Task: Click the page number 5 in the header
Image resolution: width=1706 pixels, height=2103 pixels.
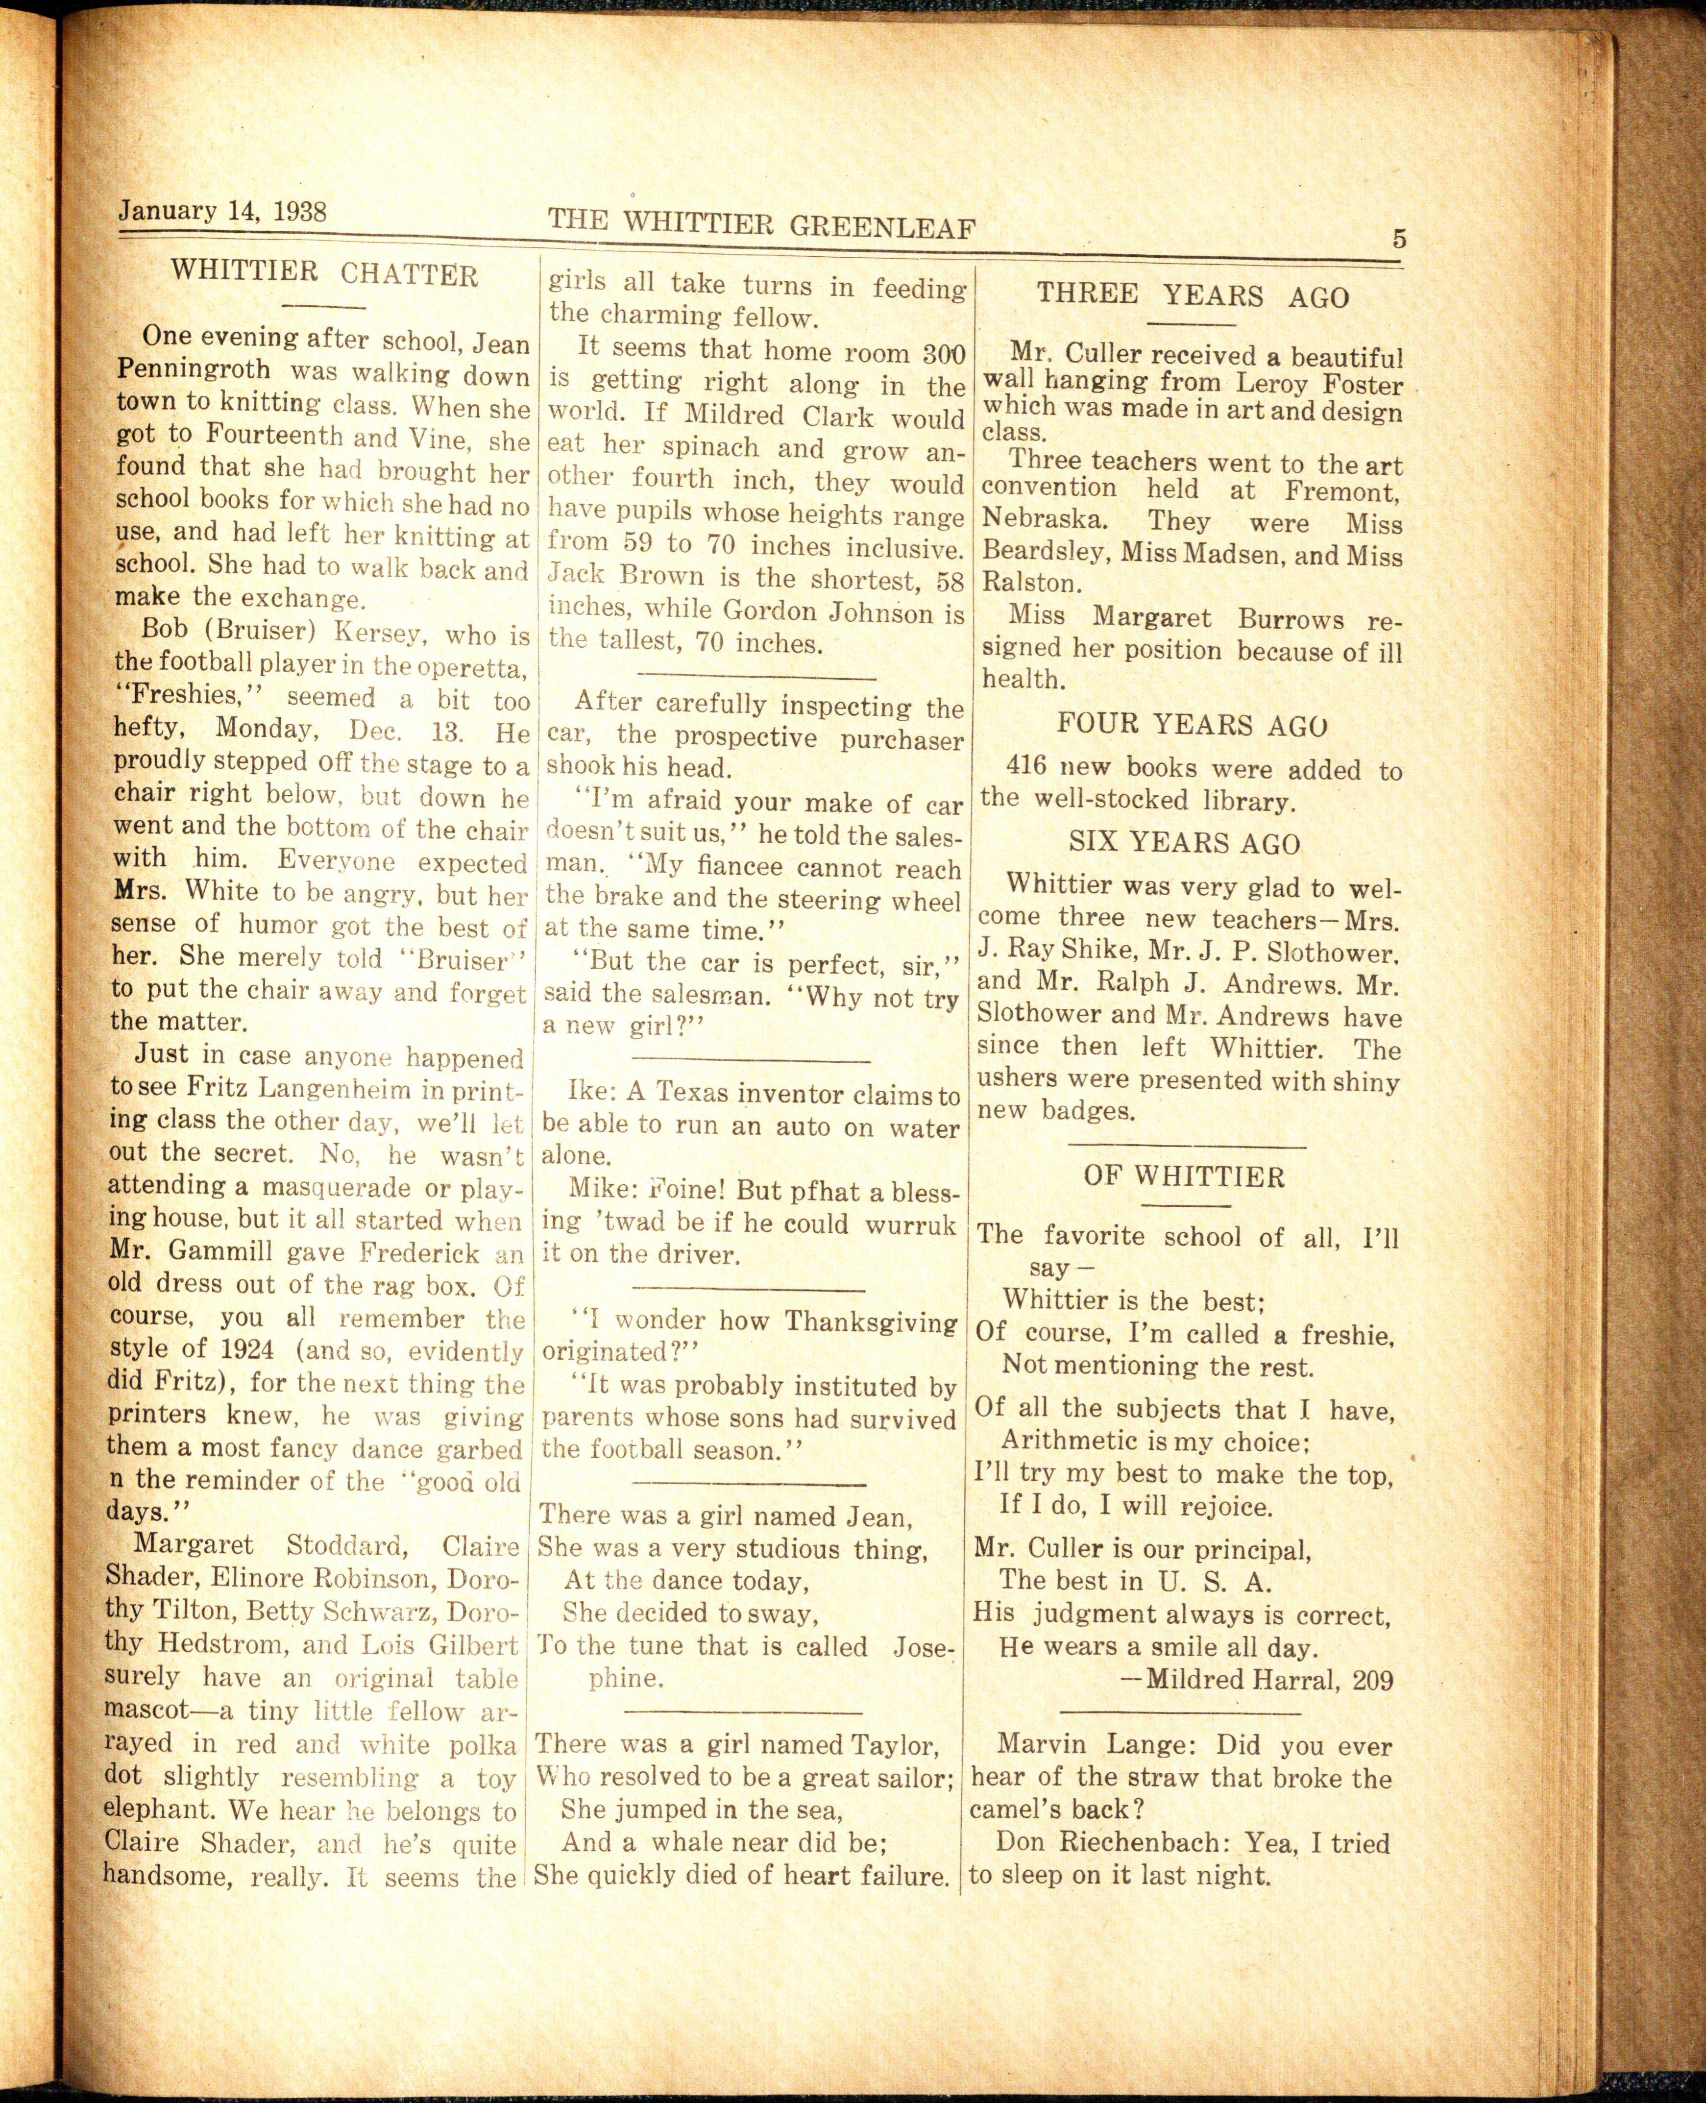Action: (1398, 239)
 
